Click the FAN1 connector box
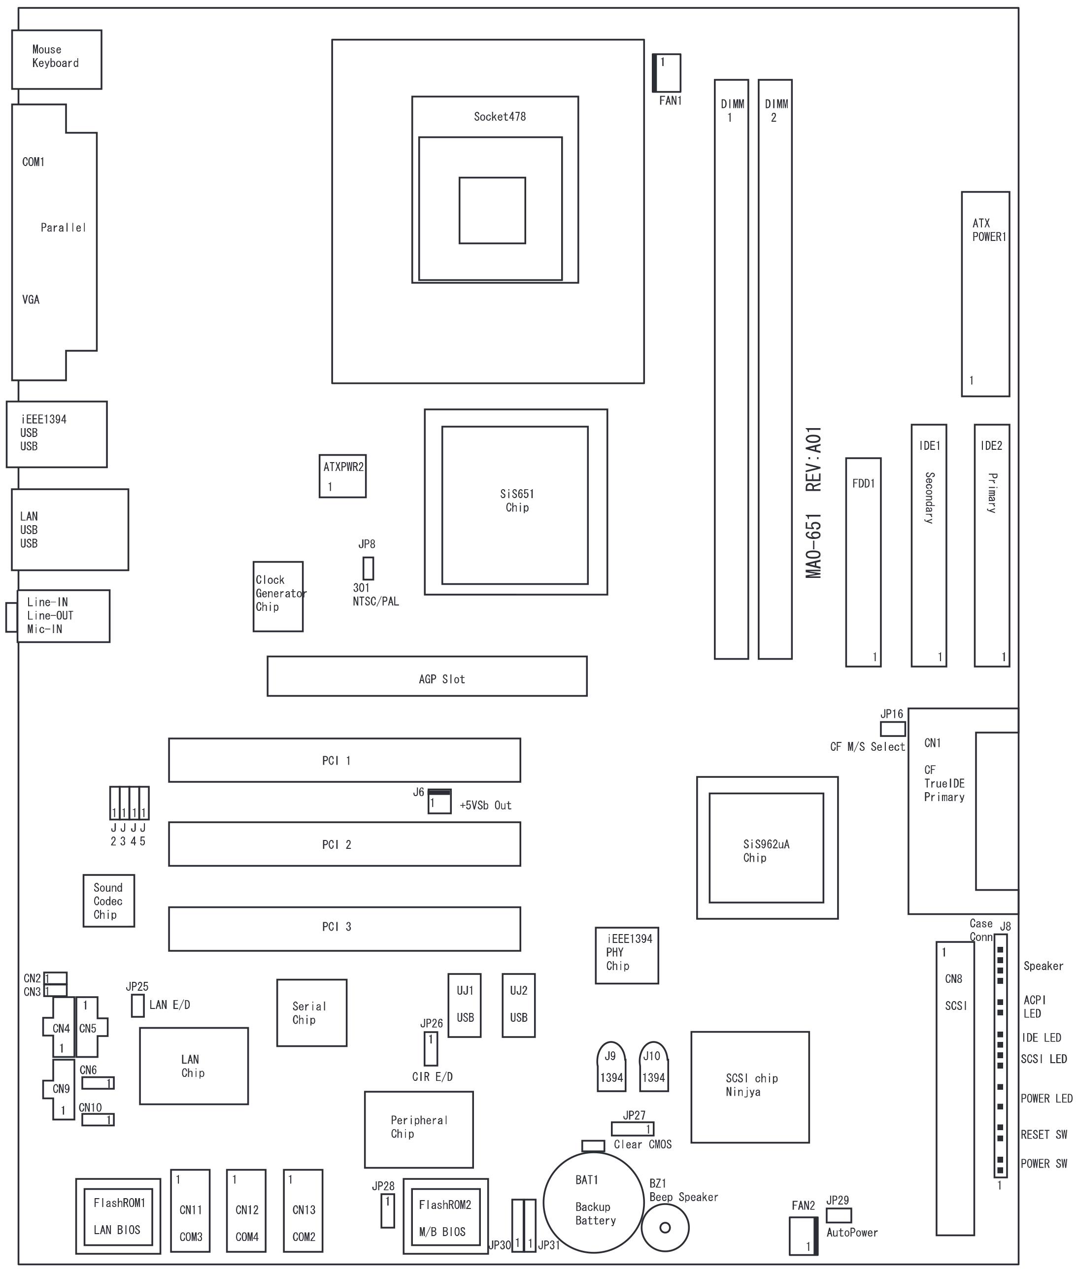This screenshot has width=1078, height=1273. click(x=666, y=73)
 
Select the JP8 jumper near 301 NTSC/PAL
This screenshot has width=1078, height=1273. click(x=368, y=568)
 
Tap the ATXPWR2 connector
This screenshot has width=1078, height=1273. click(x=342, y=475)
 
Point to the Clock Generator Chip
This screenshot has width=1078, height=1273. click(x=278, y=596)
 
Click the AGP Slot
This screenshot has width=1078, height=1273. click(x=427, y=676)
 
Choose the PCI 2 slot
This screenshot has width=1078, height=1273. click(x=344, y=843)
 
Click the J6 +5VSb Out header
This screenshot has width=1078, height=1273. click(x=439, y=801)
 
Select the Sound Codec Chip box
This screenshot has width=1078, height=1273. click(x=109, y=900)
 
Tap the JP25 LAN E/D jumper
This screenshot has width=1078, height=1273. click(x=137, y=1005)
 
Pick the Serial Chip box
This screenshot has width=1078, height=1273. click(x=312, y=1013)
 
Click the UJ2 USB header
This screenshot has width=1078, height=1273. click(x=518, y=1005)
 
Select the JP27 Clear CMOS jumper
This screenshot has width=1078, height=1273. click(x=633, y=1128)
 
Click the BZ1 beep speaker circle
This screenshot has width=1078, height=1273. click(x=665, y=1228)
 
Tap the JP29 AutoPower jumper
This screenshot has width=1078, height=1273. click(x=839, y=1215)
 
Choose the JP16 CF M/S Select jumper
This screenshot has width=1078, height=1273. click(x=892, y=729)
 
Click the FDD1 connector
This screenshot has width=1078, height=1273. click(x=863, y=562)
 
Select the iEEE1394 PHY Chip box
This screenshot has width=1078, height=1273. click(x=627, y=955)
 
